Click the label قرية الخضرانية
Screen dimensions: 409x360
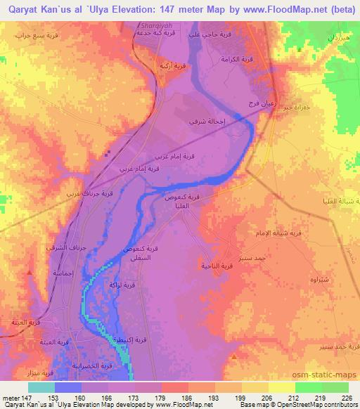tap(94, 365)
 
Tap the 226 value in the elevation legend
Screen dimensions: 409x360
tap(347, 397)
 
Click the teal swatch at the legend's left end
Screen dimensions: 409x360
tap(41, 387)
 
